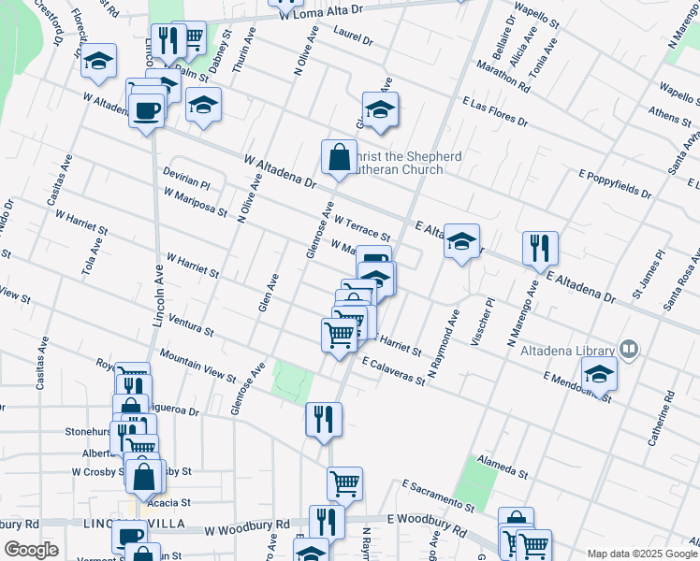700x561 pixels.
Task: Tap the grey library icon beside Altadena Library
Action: [630, 350]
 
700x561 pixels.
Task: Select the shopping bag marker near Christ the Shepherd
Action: [338, 158]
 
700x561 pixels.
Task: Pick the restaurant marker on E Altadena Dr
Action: [540, 249]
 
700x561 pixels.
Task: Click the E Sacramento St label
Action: [439, 496]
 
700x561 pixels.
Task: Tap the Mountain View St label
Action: [197, 366]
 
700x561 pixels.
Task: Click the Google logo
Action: [30, 550]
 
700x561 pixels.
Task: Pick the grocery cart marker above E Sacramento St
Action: [344, 484]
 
